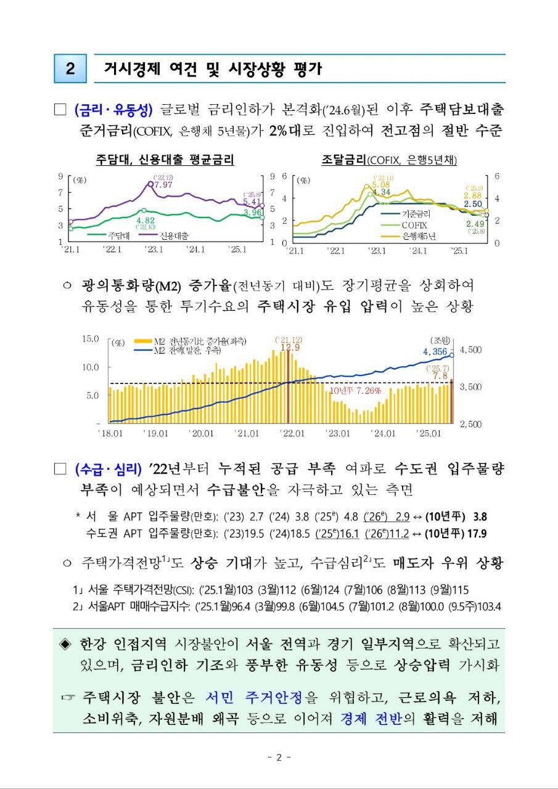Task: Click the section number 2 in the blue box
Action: tap(70, 69)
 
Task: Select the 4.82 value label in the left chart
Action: tap(146, 220)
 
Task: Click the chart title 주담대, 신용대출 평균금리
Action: tap(165, 160)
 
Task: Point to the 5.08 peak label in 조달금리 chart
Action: tap(381, 184)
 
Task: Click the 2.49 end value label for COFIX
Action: tap(475, 223)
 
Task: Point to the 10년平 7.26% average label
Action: tap(356, 391)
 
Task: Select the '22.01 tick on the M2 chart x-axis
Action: tap(293, 433)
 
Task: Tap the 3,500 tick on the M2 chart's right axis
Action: tap(473, 386)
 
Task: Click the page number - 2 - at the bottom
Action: tap(279, 758)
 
